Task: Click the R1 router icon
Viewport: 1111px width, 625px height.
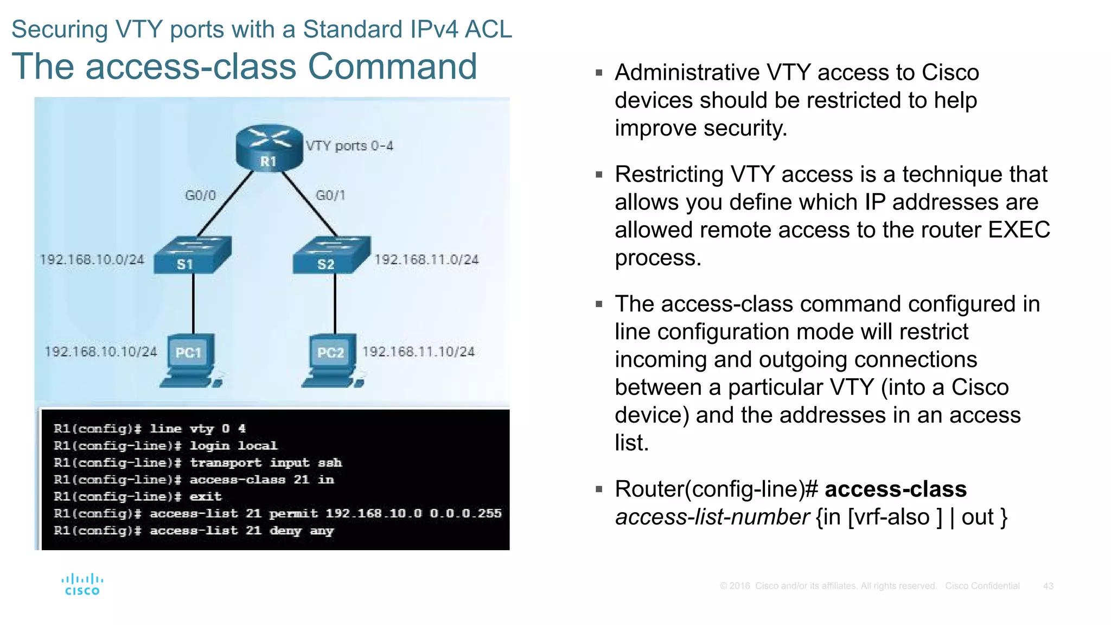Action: (x=269, y=148)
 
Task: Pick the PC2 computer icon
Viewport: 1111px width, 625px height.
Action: (x=333, y=360)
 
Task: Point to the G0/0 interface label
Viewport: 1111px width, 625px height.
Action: (x=200, y=195)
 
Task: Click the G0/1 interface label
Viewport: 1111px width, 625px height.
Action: (x=330, y=195)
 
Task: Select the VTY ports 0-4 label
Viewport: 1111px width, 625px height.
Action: (x=349, y=146)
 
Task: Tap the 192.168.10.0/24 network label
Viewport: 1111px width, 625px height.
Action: (x=92, y=260)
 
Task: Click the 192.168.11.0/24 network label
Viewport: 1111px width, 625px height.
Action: (x=426, y=260)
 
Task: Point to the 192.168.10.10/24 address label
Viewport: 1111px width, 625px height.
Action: (x=100, y=352)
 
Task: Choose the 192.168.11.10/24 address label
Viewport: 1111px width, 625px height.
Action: (x=418, y=352)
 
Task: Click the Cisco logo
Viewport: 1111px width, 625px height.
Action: (x=82, y=584)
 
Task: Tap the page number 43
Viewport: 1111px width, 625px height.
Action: (x=1048, y=586)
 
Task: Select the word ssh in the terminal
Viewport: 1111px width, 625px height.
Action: (x=330, y=463)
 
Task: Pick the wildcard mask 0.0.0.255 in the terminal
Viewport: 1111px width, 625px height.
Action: (x=465, y=513)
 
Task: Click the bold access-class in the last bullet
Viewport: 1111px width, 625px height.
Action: (x=896, y=489)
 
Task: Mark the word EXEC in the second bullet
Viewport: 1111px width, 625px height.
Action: (x=1019, y=230)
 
